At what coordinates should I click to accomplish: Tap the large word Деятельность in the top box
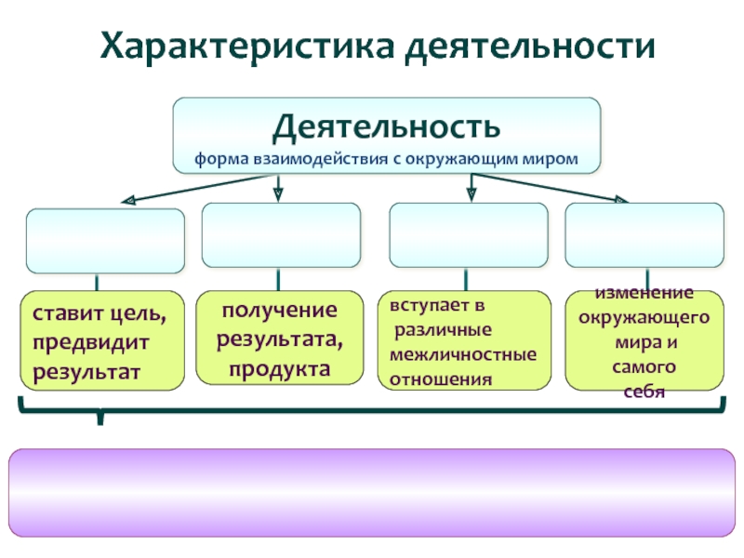click(x=386, y=125)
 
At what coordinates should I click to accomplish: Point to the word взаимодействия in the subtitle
click(x=309, y=158)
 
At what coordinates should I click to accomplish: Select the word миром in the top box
click(x=555, y=158)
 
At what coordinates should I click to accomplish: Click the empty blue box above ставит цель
click(x=105, y=240)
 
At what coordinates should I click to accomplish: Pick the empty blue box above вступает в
click(x=468, y=235)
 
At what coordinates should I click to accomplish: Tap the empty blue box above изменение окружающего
click(x=644, y=235)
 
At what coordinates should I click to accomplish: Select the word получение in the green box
click(x=279, y=309)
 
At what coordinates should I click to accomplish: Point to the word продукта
click(x=279, y=368)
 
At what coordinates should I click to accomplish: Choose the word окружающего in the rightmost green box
click(x=644, y=317)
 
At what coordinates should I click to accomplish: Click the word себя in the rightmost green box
click(x=644, y=392)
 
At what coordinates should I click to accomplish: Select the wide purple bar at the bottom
click(x=372, y=493)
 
